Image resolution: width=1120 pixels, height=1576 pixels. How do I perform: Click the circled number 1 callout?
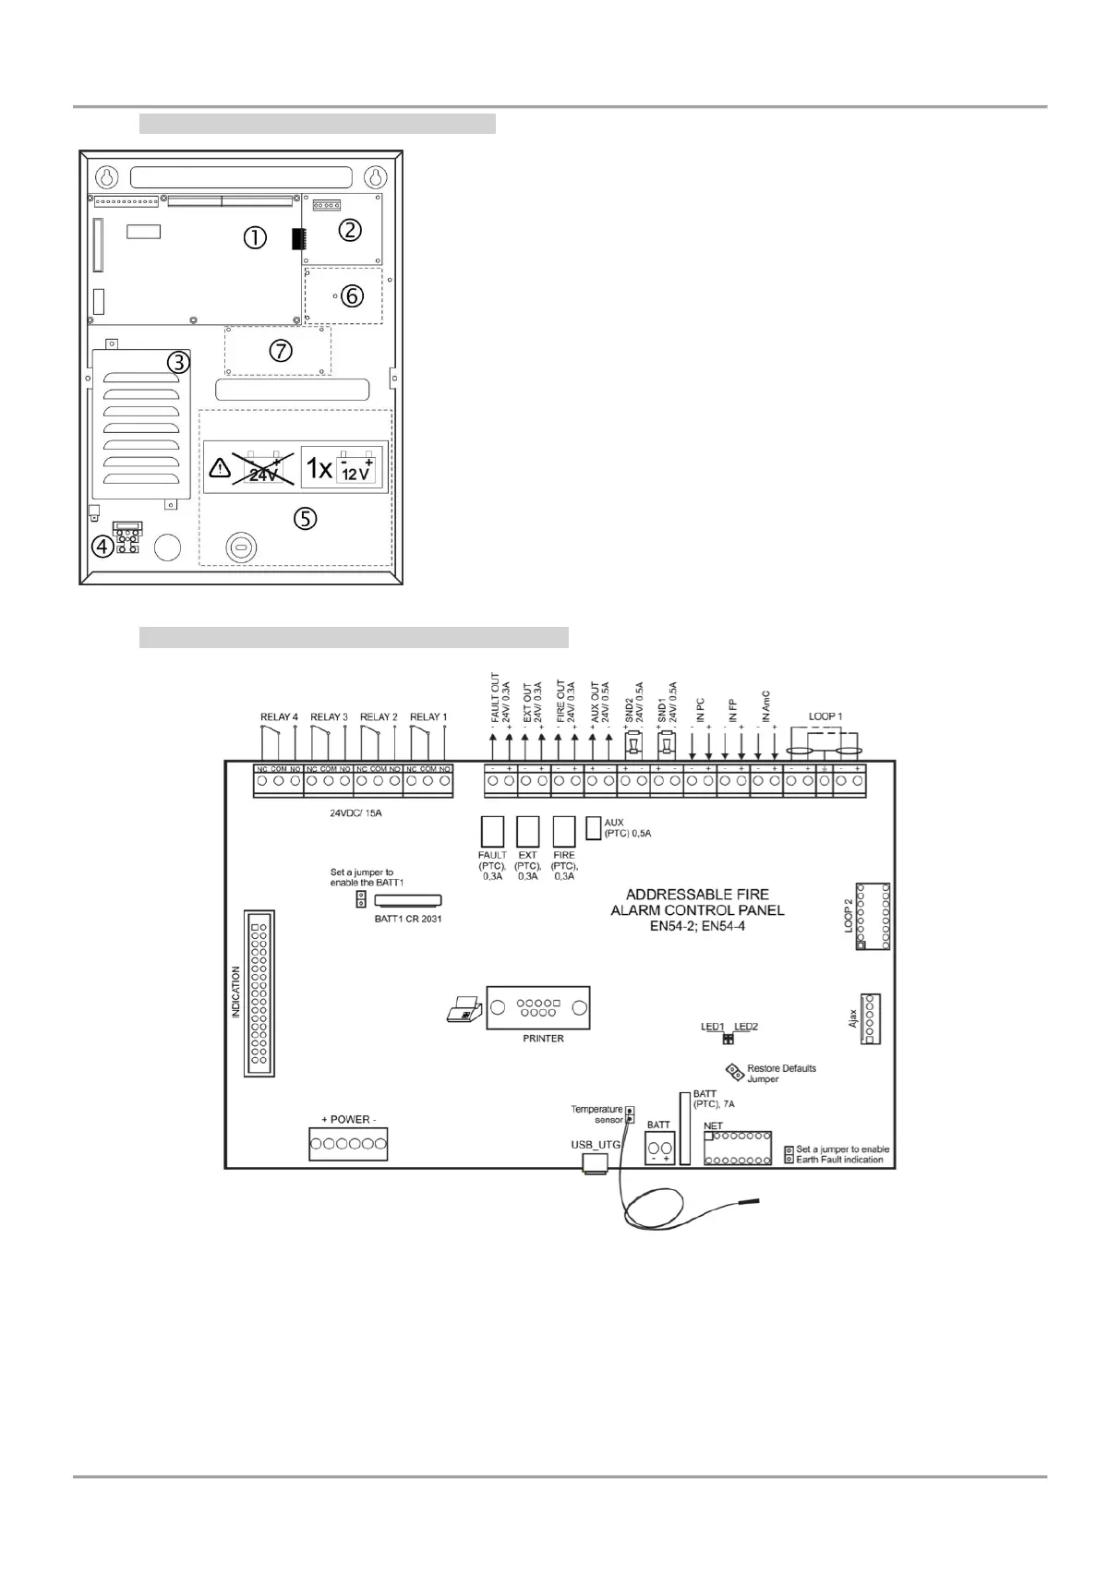255,238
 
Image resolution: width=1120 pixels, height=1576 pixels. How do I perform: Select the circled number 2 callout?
349,230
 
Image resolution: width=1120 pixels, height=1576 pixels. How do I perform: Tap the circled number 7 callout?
281,351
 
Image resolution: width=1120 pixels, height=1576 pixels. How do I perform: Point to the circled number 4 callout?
102,547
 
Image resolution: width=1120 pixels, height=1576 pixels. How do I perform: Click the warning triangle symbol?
220,469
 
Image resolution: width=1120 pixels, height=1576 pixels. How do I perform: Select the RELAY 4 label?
279,717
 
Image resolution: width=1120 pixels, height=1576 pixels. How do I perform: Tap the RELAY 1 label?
428,717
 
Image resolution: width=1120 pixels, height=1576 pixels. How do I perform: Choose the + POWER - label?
349,1119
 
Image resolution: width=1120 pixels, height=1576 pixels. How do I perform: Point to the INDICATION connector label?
235,993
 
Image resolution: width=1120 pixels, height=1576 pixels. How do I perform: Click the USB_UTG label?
596,1145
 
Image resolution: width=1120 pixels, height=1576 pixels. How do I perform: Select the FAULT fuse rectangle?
492,831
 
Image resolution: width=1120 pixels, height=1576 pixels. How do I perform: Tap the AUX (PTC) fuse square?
594,828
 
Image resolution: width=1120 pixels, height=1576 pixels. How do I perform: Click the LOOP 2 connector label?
849,915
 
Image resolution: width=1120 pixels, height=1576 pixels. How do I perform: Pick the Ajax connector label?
853,1019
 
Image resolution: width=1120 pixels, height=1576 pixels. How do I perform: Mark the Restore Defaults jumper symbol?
735,1071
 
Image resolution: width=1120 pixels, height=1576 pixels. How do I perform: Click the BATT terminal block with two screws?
659,1149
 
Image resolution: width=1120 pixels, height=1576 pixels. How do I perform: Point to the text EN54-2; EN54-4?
697,926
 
